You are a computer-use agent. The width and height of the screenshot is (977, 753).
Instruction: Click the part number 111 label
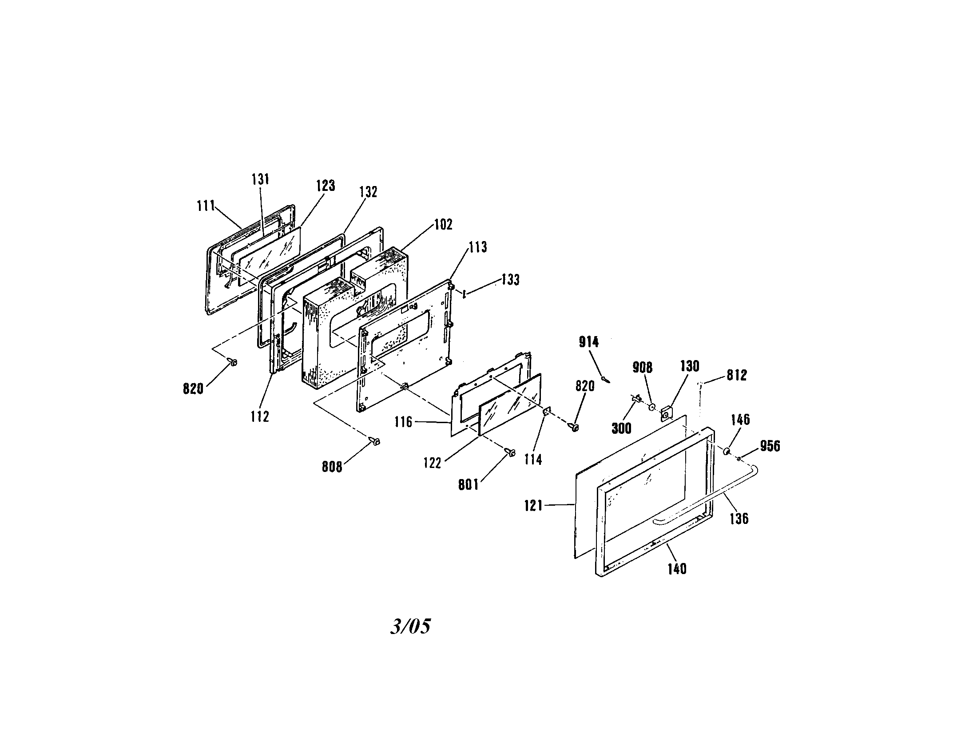[x=206, y=206]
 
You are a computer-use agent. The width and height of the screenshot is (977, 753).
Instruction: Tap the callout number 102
[x=443, y=225]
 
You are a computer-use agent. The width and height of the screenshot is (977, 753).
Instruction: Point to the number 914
[x=589, y=342]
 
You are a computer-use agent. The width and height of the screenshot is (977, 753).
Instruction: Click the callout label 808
[x=332, y=467]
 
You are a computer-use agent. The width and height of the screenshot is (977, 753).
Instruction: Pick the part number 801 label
[x=469, y=485]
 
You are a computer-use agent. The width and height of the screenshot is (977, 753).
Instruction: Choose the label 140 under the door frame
[x=677, y=569]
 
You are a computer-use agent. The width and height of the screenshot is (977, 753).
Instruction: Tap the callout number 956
[x=770, y=446]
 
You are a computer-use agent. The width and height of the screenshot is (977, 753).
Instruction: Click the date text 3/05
[x=411, y=626]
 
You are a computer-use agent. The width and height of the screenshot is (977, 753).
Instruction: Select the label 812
[x=737, y=375]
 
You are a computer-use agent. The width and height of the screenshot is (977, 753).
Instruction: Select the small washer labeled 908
[x=652, y=407]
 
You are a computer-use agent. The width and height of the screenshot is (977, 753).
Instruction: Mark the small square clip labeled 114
[x=547, y=412]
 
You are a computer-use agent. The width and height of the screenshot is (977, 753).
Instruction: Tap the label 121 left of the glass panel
[x=534, y=506]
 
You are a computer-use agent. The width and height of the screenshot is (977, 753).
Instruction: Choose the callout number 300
[x=621, y=428]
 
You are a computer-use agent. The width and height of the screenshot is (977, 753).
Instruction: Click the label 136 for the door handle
[x=739, y=519]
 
